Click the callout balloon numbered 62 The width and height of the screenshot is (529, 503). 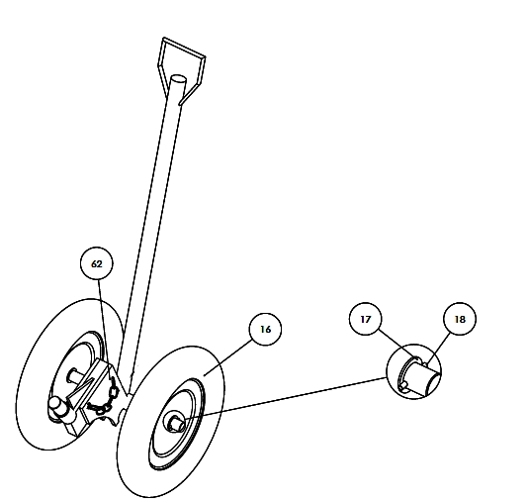pos(97,263)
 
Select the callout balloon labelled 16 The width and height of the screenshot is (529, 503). pos(265,329)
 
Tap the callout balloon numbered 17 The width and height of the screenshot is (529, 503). pos(366,319)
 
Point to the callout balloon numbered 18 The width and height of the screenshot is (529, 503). pos(460,319)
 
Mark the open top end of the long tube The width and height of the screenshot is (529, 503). pos(178,80)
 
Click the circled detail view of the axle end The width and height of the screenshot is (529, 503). pos(413,371)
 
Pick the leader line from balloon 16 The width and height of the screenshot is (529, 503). pos(227,357)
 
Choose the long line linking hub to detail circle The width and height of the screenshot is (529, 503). pos(286,399)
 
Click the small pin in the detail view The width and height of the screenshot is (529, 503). pos(404,385)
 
